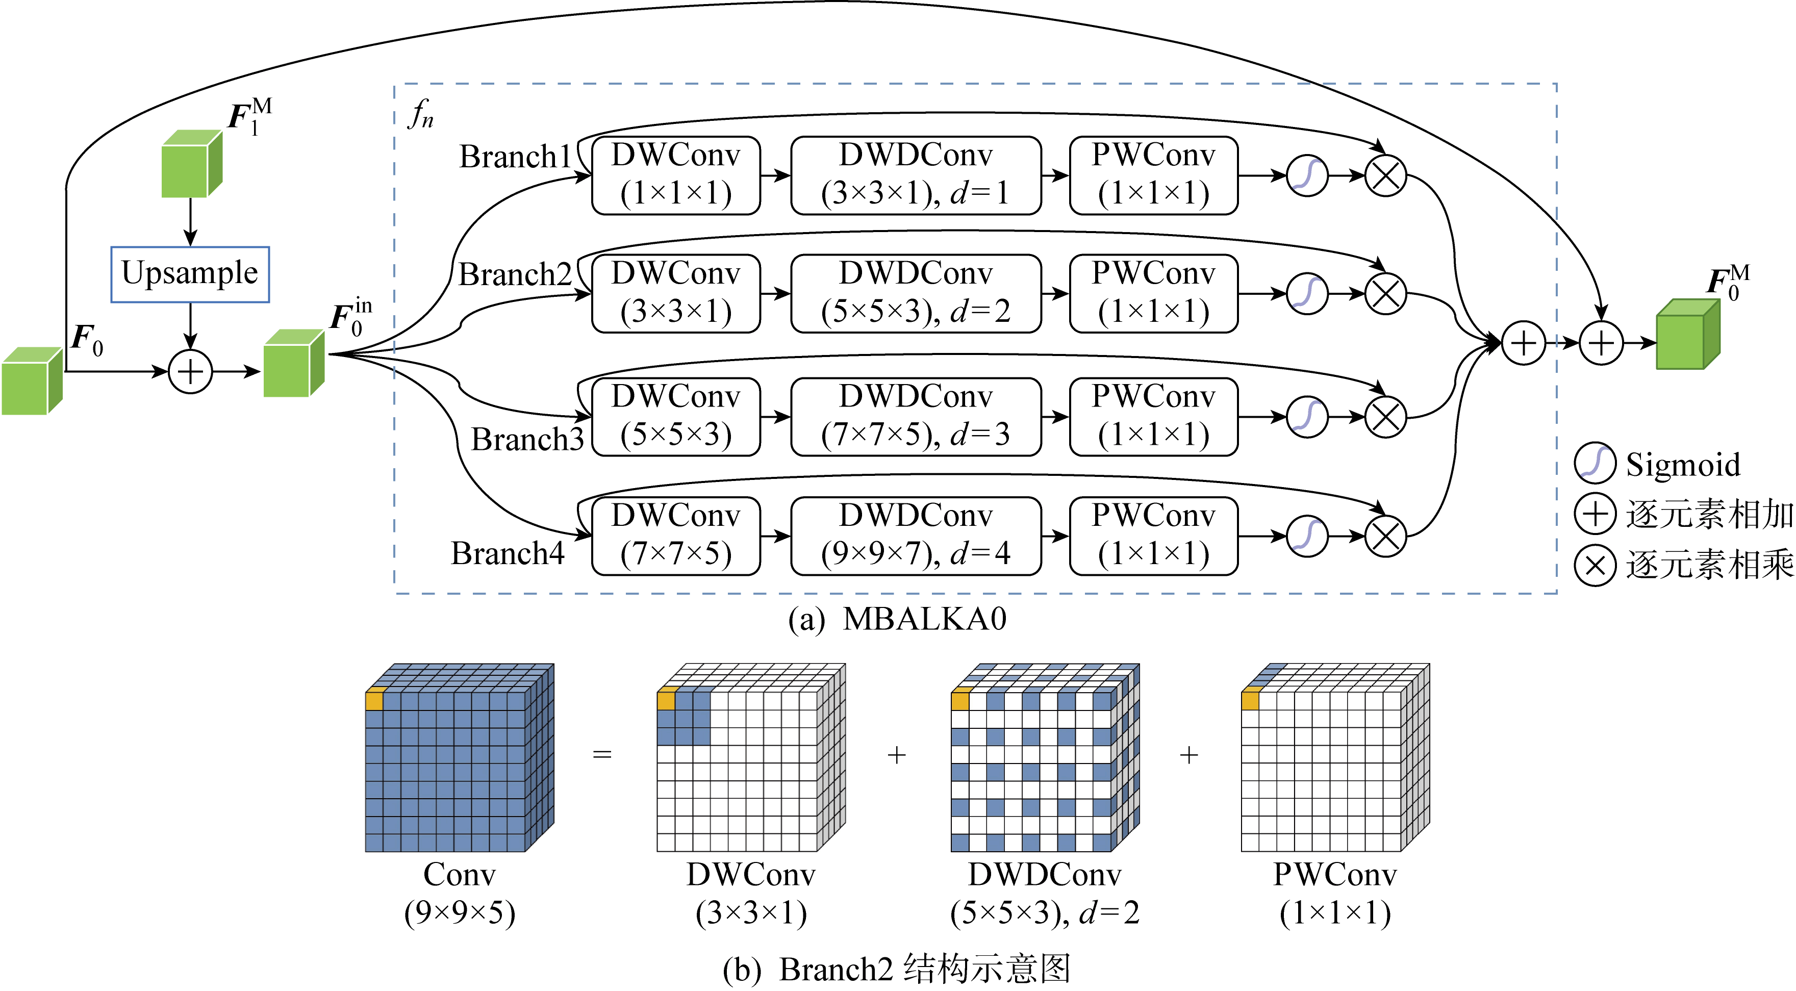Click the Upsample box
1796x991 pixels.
click(190, 274)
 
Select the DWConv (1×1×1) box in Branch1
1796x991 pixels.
click(675, 175)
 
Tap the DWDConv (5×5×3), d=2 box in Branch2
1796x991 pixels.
click(916, 293)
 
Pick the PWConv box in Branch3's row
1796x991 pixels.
click(1153, 416)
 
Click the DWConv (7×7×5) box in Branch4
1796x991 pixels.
click(675, 535)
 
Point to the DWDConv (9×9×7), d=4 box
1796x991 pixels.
click(916, 535)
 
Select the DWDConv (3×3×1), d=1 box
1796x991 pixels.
click(916, 175)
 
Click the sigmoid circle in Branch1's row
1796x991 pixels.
click(1306, 175)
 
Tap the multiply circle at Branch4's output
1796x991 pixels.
click(1385, 536)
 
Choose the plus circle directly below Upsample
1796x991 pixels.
click(190, 371)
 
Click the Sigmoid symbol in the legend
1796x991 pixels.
click(1595, 463)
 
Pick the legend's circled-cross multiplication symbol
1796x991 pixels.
click(1595, 565)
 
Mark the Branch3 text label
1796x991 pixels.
click(527, 440)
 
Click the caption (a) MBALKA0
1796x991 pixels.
click(897, 619)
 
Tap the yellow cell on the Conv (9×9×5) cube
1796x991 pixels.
click(374, 700)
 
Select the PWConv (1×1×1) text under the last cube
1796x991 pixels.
click(1334, 894)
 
